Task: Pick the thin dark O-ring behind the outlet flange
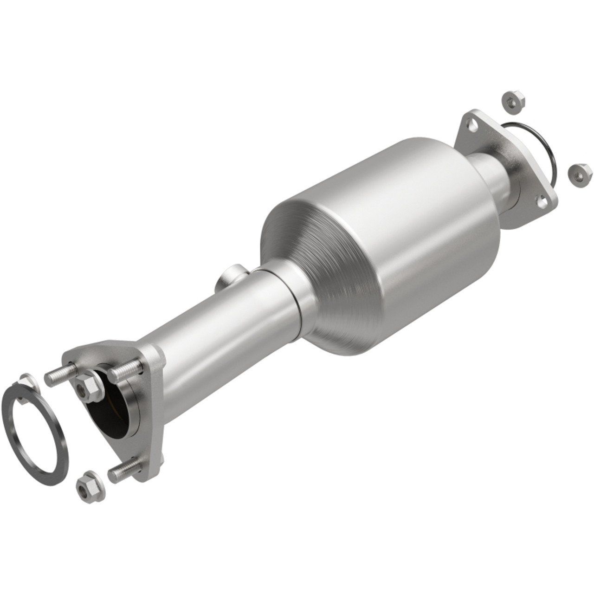coord(545,139)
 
